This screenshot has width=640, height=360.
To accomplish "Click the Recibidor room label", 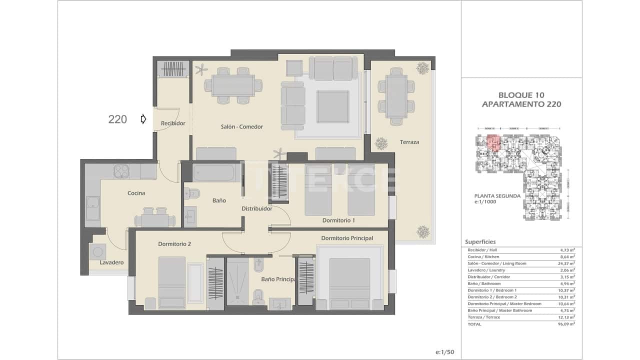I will coord(173,123).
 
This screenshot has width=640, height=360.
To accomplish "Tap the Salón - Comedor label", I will coord(241,127).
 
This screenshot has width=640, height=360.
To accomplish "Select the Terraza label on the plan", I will coord(409,142).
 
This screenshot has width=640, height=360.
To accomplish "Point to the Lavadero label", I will coord(111,262).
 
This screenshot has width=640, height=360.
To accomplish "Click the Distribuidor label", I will coord(256,209).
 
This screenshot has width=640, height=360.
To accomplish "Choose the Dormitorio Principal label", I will coord(347,238).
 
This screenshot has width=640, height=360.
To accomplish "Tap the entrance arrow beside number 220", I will coord(143,119).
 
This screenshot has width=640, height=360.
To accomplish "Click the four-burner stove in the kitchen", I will coord(122,171).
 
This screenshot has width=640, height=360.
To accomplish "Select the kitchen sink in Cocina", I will coord(92,208).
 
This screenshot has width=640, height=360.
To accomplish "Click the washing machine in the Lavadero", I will coord(97,251).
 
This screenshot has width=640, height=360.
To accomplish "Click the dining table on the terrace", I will coord(396,96).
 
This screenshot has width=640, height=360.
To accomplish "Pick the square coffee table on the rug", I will coord(332,106).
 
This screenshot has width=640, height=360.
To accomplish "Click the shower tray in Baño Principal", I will coord(237,281).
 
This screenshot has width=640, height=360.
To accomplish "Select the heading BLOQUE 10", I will coord(521,95).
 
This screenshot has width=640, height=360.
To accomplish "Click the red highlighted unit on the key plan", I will coord(493,143).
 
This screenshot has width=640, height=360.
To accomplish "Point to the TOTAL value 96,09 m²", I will coord(566,324).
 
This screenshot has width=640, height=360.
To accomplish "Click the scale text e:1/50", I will coord(444,352).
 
